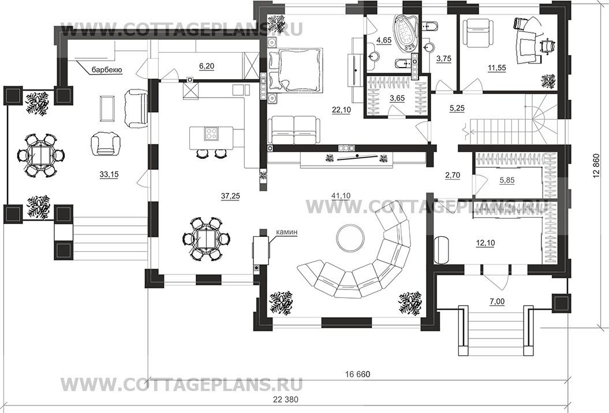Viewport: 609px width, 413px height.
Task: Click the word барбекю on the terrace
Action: [x=107, y=70]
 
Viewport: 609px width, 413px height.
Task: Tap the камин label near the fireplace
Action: [x=287, y=232]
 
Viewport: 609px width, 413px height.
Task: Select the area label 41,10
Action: [x=341, y=196]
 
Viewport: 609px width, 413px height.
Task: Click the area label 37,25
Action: [x=230, y=196]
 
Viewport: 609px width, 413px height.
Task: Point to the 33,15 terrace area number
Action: [x=109, y=174]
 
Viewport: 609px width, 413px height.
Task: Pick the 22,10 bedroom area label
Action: [x=341, y=110]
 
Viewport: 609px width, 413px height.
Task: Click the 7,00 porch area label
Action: [x=497, y=300]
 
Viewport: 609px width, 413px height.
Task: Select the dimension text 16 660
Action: [x=358, y=374]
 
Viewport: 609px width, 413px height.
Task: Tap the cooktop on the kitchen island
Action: [x=211, y=134]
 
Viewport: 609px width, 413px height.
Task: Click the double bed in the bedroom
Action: [x=296, y=70]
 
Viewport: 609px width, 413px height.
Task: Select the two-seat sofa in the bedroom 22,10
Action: [x=294, y=131]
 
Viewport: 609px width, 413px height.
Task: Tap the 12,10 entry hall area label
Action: [x=485, y=243]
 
